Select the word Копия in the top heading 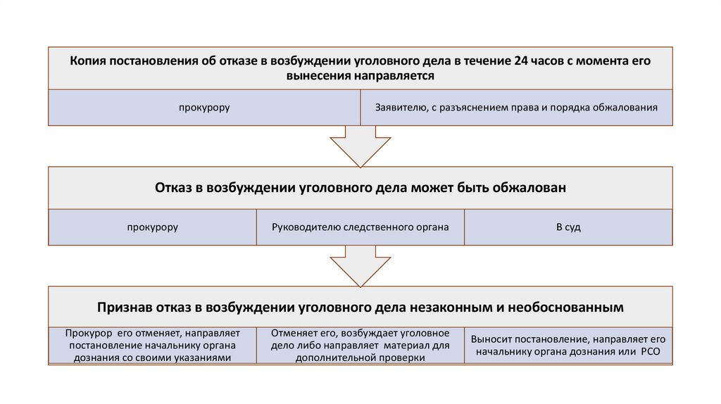pyautogui.click(x=87, y=61)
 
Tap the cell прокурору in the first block pyautogui.click(x=203, y=108)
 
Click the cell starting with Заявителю pyautogui.click(x=516, y=108)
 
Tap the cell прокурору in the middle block pyautogui.click(x=152, y=227)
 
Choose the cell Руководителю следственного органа pyautogui.click(x=360, y=227)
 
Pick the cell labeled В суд pyautogui.click(x=568, y=227)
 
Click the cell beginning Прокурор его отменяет pyautogui.click(x=152, y=345)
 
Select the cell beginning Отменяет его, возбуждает pyautogui.click(x=360, y=345)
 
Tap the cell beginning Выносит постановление pyautogui.click(x=568, y=345)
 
